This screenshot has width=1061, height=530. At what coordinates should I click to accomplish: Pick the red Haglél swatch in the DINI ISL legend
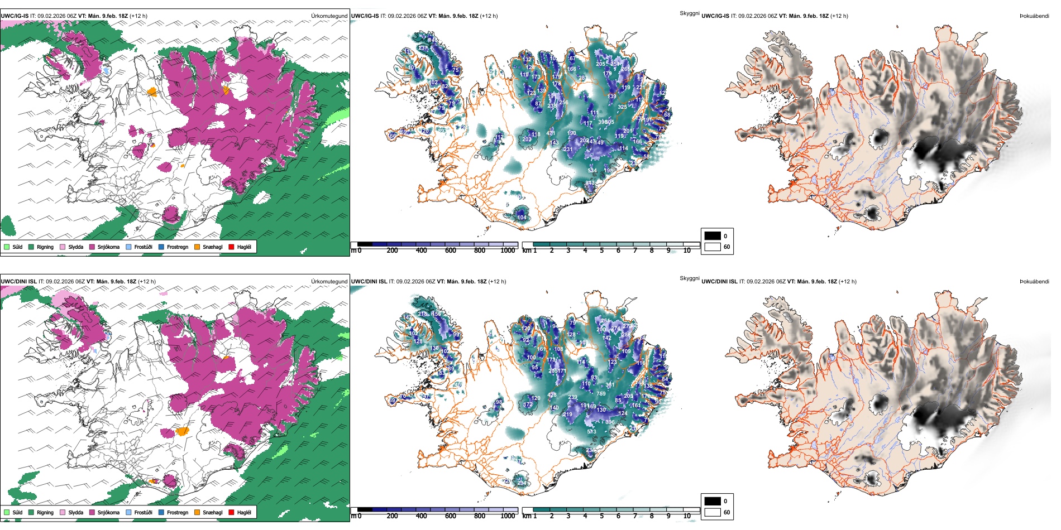(231, 512)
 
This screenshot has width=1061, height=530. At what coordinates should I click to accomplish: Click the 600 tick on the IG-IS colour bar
(450, 250)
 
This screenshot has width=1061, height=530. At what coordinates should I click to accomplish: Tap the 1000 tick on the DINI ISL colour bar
(508, 516)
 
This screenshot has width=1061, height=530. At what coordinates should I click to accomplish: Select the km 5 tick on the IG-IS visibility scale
(601, 250)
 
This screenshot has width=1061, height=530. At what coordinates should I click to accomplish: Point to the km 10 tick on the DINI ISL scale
(687, 516)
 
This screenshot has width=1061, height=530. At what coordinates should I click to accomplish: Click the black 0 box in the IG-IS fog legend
(713, 236)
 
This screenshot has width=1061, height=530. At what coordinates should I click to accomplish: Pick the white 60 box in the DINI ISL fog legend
(713, 512)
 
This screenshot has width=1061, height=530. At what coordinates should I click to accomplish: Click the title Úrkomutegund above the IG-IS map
(329, 16)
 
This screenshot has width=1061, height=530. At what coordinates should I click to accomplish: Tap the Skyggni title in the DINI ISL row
(689, 278)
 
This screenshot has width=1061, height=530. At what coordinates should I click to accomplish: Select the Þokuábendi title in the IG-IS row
(1034, 16)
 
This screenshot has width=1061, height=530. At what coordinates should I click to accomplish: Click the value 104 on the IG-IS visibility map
(522, 218)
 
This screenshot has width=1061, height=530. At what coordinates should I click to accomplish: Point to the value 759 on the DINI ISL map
(601, 394)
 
